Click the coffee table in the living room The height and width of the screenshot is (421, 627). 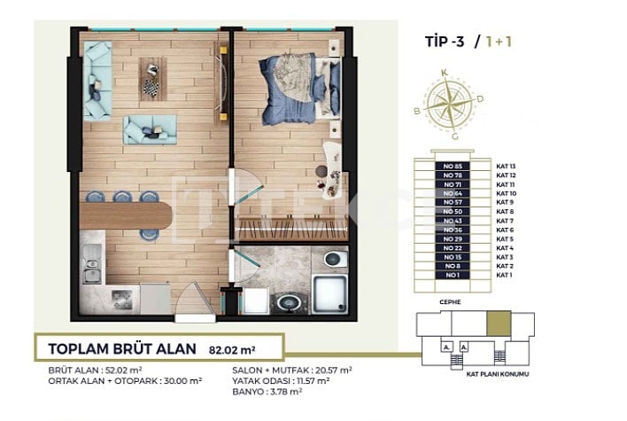(151, 79)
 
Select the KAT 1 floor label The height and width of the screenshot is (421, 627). (505, 276)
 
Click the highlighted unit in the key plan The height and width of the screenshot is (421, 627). (499, 324)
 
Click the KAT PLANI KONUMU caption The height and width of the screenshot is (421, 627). (495, 376)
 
